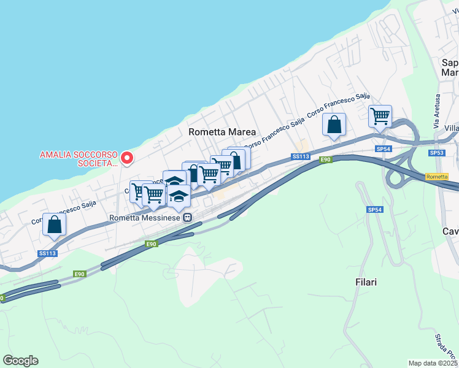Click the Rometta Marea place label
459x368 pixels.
coord(222,132)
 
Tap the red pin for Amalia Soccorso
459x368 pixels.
coord(127,158)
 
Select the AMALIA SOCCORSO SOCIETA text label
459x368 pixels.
coord(79,159)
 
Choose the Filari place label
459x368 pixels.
coord(366,283)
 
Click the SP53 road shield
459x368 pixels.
coord(436,152)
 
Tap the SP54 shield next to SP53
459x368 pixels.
coord(384,149)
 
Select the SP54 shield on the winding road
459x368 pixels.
coord(374,210)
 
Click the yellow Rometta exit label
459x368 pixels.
coord(436,177)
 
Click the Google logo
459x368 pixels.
coord(20,361)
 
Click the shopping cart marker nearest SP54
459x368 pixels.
coord(380,116)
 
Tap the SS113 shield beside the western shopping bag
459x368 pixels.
coord(48,253)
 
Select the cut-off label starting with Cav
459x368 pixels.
coord(450,231)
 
